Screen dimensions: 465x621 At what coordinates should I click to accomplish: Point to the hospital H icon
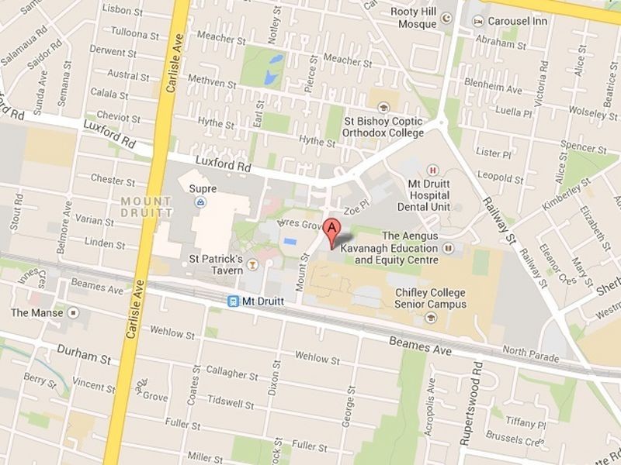click(x=432, y=170)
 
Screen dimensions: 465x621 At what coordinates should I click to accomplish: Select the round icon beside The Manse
click(x=74, y=312)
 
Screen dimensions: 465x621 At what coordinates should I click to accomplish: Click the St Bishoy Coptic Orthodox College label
click(x=386, y=127)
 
